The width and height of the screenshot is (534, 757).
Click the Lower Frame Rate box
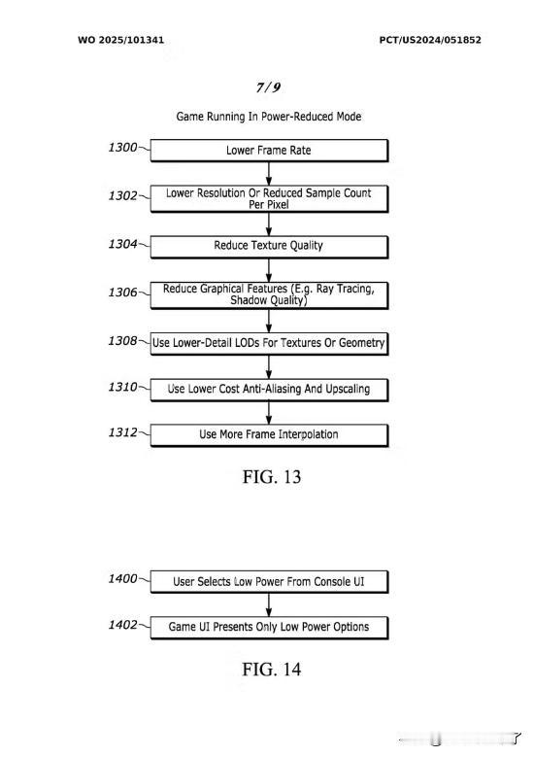point(269,151)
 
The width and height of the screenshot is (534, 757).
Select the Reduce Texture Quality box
point(269,246)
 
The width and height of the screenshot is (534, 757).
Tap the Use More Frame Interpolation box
point(269,435)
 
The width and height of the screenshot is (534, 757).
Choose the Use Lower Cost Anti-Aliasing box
point(269,390)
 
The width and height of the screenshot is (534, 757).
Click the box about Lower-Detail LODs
point(269,343)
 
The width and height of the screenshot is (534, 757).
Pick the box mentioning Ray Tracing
point(269,295)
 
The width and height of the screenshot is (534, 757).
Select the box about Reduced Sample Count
point(269,198)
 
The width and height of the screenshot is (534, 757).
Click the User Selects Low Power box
point(269,581)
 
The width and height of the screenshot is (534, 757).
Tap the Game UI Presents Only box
point(269,627)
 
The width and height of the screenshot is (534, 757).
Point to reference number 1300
point(122,148)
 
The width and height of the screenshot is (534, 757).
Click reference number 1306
point(122,292)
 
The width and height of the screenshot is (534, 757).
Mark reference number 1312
point(122,432)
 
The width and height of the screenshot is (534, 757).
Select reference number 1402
point(122,625)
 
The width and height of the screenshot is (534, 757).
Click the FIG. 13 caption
point(272,477)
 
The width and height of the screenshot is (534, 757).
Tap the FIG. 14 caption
point(272,670)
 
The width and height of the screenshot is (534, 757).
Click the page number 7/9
point(268,87)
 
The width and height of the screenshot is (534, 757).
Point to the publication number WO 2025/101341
point(120,40)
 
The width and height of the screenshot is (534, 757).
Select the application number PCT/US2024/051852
point(430,40)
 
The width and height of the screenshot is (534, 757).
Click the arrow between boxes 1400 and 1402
point(269,604)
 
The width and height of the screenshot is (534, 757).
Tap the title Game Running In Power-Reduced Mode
point(269,117)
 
